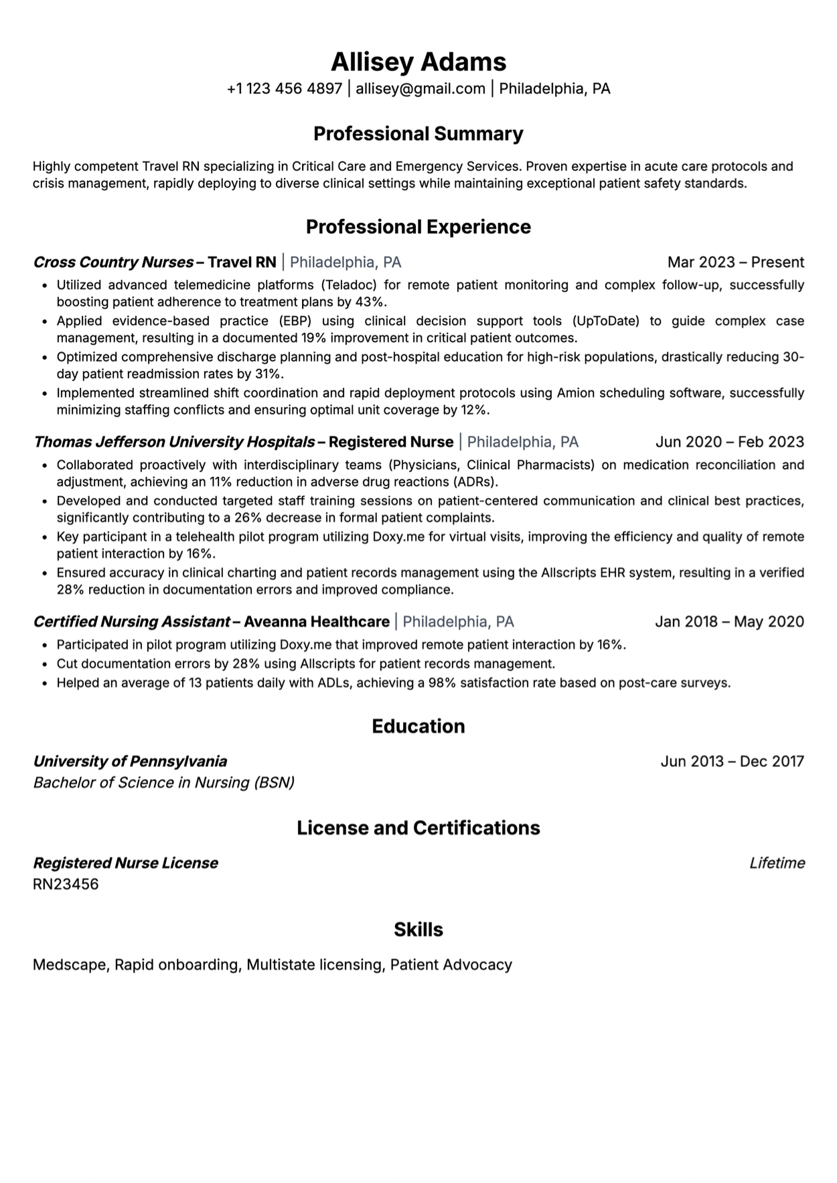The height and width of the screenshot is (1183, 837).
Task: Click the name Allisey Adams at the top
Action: pos(418,62)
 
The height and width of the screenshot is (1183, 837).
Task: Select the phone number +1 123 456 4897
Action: pos(285,88)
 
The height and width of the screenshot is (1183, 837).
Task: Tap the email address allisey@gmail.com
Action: pos(421,88)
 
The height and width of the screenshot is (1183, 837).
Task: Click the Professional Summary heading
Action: pos(418,134)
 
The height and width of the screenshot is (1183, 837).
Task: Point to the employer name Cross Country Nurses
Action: pos(113,262)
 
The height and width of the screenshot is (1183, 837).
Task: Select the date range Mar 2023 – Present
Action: pos(736,262)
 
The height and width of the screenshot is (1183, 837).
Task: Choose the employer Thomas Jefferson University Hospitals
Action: pos(174,442)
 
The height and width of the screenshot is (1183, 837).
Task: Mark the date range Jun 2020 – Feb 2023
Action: pos(730,442)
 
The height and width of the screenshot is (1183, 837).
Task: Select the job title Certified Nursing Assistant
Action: pos(132,622)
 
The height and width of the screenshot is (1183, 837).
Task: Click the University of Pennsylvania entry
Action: pos(130,761)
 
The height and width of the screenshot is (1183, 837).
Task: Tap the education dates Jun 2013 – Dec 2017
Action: pos(732,761)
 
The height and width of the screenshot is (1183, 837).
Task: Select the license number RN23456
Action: pos(66,884)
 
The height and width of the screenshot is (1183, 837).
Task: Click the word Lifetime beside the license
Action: pos(777,863)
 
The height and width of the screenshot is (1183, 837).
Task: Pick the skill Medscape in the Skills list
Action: pos(70,965)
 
